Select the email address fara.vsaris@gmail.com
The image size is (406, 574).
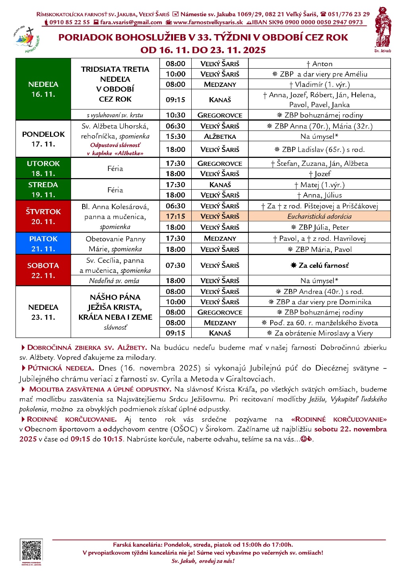131,22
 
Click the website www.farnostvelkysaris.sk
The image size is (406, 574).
208,22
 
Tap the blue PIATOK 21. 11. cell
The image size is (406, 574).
43,244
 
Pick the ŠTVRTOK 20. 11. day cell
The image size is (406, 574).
43,216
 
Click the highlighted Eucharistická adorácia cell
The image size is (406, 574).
319,216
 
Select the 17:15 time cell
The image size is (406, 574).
175,216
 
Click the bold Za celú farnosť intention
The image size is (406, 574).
319,265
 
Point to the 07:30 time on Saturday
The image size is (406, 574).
175,265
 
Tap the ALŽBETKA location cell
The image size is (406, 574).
220,136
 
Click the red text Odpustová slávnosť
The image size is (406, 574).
115,145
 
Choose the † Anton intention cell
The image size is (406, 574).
319,63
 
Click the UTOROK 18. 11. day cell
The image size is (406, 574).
43,168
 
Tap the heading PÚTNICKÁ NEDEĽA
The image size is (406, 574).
60,368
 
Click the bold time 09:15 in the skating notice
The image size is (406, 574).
80,439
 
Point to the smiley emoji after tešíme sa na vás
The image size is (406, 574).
303,439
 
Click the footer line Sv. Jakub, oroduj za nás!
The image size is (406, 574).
203,561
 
